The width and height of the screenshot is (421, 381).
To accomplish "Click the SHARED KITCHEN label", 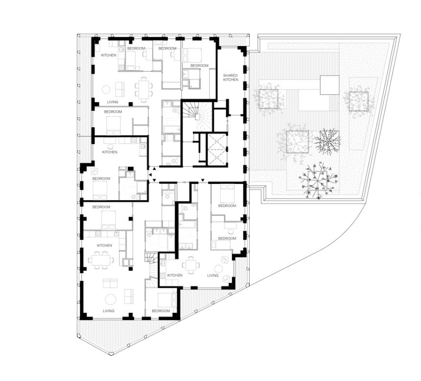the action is [231, 77].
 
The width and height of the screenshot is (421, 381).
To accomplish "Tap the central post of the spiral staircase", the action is [197, 116].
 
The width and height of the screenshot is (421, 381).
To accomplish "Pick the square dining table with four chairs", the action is [191, 264].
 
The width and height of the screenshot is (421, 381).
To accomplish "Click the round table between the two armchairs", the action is [218, 269].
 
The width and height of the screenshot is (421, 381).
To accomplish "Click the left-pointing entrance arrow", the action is [150, 174].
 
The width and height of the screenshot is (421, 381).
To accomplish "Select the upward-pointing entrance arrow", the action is [154, 169].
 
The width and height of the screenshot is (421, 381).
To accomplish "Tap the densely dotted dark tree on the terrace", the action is [327, 141].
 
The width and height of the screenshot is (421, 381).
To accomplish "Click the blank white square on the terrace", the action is [329, 85].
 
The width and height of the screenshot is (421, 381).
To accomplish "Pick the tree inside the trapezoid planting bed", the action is [358, 101].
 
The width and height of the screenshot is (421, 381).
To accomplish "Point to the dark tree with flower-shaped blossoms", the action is [318, 180].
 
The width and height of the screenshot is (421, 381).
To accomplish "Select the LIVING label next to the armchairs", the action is [212, 276].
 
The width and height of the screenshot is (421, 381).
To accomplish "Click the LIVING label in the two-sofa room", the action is [109, 311].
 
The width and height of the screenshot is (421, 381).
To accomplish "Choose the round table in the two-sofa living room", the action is [110, 299].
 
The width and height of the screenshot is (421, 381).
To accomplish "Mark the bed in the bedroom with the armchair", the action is [100, 190].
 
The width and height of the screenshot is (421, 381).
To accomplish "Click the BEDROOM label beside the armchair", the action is [101, 178].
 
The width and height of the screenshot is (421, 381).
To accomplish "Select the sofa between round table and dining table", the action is [120, 90].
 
